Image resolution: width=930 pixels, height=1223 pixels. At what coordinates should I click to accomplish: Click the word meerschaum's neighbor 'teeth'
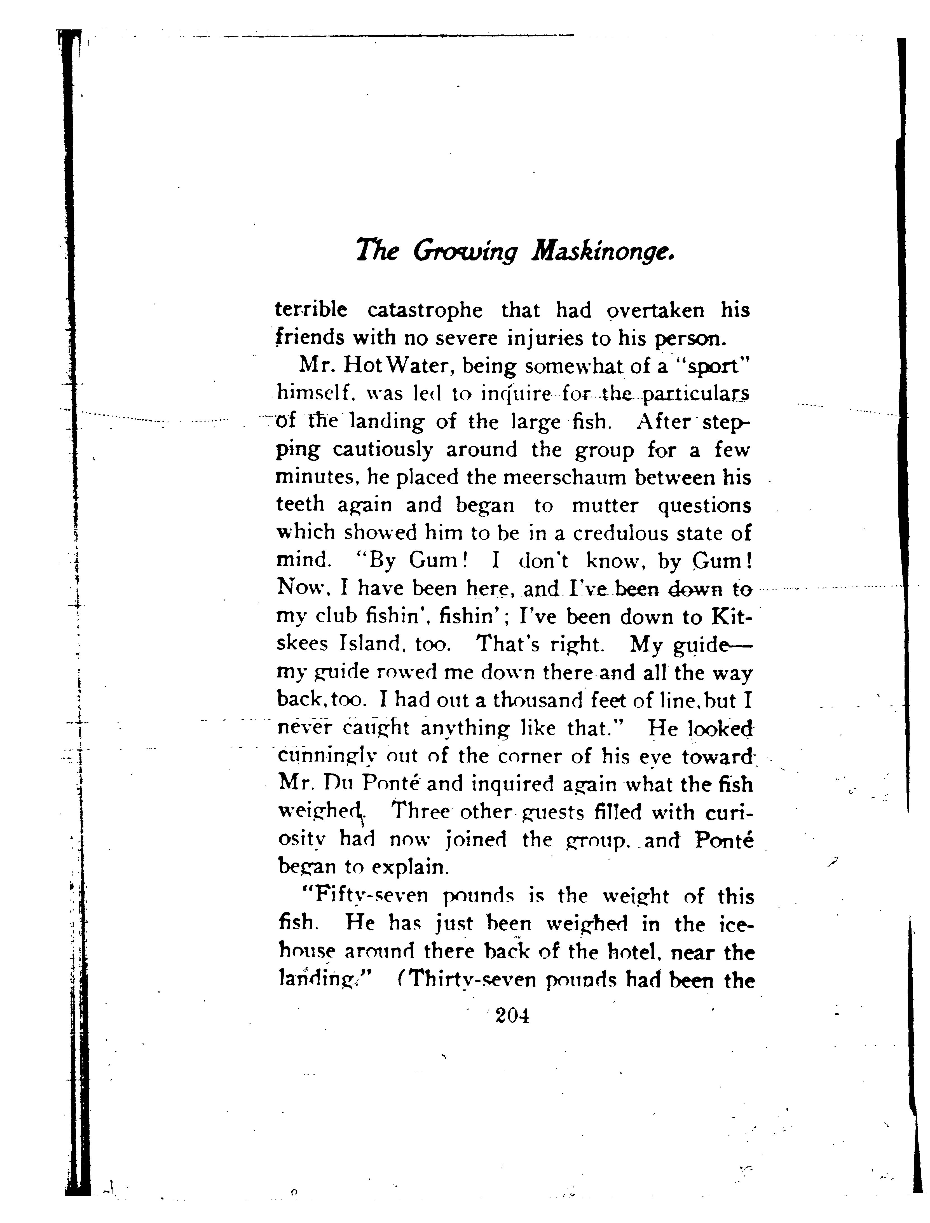[300, 505]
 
